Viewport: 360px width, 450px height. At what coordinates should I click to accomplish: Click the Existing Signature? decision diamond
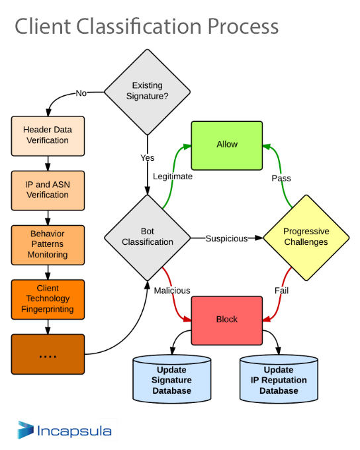[x=148, y=92]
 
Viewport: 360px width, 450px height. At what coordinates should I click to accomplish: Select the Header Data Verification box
[x=48, y=136]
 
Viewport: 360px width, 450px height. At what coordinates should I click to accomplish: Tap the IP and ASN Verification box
[x=48, y=191]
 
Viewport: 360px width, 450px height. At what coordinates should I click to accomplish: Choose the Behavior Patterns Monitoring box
[x=48, y=245]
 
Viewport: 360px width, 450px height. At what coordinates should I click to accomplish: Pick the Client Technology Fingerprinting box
[x=48, y=300]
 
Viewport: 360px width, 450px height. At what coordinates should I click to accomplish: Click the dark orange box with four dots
[x=48, y=354]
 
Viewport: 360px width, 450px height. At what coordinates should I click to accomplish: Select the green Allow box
[x=227, y=146]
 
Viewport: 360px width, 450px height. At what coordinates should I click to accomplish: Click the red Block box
[x=227, y=320]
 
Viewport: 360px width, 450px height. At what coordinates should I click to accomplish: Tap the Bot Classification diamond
[x=148, y=238]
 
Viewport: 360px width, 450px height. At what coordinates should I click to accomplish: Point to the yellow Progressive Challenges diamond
[x=306, y=238]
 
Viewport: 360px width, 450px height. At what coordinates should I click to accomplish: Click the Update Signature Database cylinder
[x=172, y=379]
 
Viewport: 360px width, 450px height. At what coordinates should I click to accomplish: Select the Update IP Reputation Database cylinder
[x=279, y=379]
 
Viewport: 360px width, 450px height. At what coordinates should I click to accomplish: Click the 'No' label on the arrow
[x=81, y=93]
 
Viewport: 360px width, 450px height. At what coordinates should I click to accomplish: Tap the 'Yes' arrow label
[x=148, y=158]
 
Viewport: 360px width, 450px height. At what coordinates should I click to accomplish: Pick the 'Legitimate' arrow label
[x=173, y=176]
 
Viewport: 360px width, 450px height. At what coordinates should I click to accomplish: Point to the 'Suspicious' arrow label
[x=226, y=238]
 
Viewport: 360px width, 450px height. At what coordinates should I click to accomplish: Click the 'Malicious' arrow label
[x=172, y=291]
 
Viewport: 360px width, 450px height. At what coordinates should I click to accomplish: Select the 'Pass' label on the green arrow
[x=281, y=178]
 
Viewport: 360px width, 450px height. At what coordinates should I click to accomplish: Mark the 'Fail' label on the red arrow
[x=281, y=291]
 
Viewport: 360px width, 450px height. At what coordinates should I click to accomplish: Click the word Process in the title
[x=243, y=26]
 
